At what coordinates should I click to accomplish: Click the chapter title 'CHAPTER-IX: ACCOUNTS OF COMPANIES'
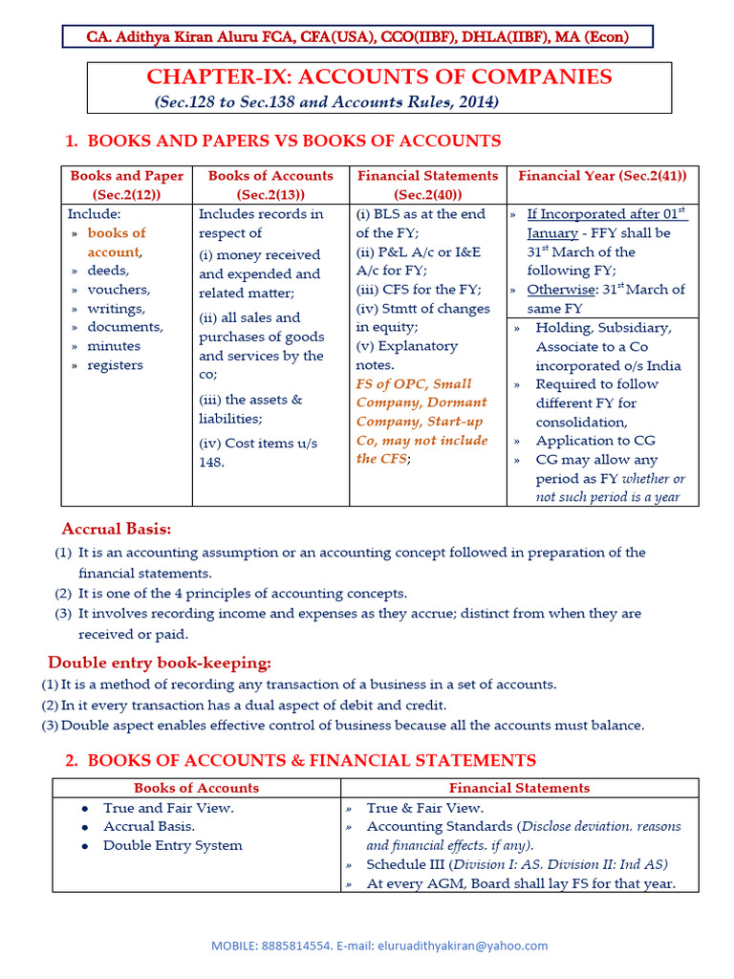click(378, 77)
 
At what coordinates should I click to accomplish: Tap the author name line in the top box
click(357, 37)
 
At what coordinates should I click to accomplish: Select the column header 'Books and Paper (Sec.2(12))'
click(126, 185)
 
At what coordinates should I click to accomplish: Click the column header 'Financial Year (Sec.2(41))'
click(602, 176)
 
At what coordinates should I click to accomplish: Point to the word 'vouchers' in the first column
click(119, 290)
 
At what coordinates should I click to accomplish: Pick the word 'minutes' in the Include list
click(114, 346)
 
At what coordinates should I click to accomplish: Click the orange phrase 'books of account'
click(116, 242)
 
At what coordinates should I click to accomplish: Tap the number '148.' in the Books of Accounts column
click(211, 462)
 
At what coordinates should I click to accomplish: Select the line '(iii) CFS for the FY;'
click(419, 290)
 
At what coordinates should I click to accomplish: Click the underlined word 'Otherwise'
click(559, 290)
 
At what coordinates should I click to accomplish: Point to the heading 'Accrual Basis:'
click(117, 529)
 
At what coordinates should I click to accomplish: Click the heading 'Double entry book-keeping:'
click(160, 663)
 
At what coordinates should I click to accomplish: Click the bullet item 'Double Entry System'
click(172, 845)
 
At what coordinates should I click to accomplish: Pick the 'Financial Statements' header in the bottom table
click(519, 788)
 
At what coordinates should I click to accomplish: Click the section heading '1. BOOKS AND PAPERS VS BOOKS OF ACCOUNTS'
click(283, 141)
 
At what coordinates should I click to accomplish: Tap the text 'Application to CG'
click(595, 441)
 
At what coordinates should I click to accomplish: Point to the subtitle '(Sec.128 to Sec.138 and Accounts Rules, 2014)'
click(326, 101)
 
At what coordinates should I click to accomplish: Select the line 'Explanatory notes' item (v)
click(406, 355)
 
